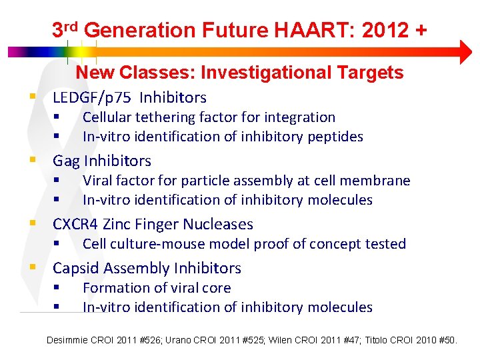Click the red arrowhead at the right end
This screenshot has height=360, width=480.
[464, 52]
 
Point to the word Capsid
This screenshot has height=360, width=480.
[76, 268]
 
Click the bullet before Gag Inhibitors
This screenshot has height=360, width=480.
[32, 160]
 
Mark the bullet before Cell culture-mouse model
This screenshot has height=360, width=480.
[57, 243]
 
